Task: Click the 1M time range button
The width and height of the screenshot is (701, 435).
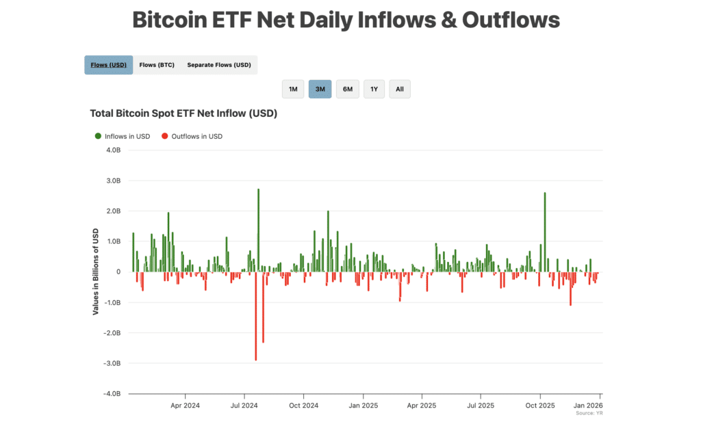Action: coord(293,90)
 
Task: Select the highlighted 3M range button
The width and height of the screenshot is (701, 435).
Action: coord(320,90)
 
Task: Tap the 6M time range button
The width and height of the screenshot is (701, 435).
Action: coord(347,90)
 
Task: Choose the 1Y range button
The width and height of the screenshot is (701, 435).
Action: coord(374,90)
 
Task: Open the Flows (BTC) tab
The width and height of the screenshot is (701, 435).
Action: coord(157,65)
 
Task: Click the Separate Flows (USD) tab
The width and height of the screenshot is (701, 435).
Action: coord(219,65)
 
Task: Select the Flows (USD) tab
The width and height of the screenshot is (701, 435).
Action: coord(108,65)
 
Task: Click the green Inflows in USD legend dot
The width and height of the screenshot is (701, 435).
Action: coord(98,136)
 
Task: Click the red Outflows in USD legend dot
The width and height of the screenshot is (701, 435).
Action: coord(164,136)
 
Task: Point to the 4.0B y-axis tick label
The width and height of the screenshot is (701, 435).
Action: coord(114,150)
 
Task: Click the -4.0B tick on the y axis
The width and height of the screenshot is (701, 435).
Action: coord(113,394)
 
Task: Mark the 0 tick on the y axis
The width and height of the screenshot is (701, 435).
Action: coord(118,272)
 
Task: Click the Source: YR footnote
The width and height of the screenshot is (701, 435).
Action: coord(589,413)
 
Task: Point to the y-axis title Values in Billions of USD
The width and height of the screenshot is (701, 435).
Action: coord(96,272)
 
